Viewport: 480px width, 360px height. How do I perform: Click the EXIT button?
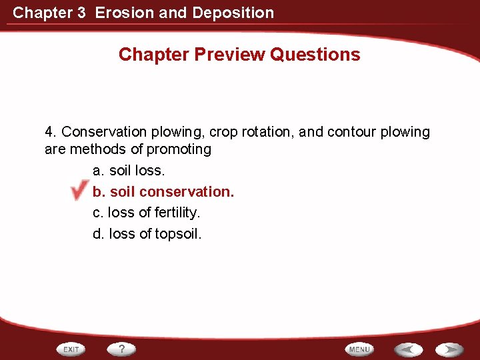(x=72, y=349)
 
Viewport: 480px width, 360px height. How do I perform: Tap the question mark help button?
(x=122, y=349)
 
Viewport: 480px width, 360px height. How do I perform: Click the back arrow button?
(x=407, y=349)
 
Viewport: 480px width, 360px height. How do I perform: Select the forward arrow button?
(x=450, y=349)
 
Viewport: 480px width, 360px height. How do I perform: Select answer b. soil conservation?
(x=163, y=192)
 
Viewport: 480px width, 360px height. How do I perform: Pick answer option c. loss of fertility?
(x=146, y=213)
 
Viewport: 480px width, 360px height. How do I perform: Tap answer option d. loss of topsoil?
(x=147, y=234)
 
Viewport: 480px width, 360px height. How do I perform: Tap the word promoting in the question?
(x=179, y=149)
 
